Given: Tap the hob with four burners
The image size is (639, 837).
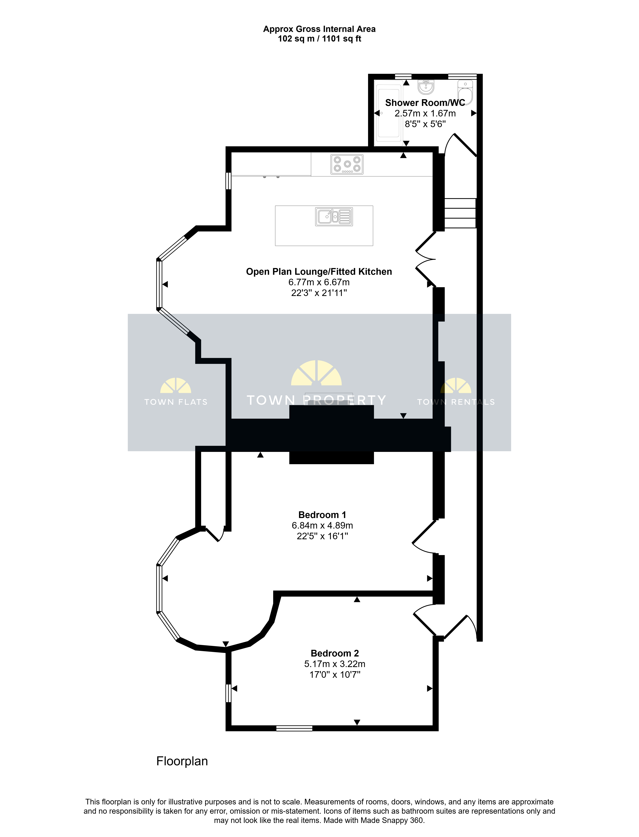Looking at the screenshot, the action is tap(347, 164).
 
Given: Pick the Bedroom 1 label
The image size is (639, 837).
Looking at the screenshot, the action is tap(322, 515).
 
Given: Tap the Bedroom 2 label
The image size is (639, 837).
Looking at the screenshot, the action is tap(335, 653).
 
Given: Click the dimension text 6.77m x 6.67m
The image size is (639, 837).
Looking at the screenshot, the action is tap(319, 282).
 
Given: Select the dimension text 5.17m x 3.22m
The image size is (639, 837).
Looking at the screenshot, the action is tap(335, 664).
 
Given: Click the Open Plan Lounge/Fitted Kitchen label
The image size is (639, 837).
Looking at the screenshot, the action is tap(319, 272).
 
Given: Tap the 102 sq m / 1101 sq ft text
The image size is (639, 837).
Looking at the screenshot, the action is tap(319, 39).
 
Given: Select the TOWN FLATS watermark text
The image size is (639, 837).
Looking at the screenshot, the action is tap(176, 402).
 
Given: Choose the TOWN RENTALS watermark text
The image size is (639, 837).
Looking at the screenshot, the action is tap(456, 402).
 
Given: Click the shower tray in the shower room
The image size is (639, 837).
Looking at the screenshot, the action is tap(389, 113).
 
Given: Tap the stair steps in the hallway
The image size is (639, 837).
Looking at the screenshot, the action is tap(460, 213).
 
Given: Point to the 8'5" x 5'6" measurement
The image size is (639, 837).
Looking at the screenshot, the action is tap(425, 124).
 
